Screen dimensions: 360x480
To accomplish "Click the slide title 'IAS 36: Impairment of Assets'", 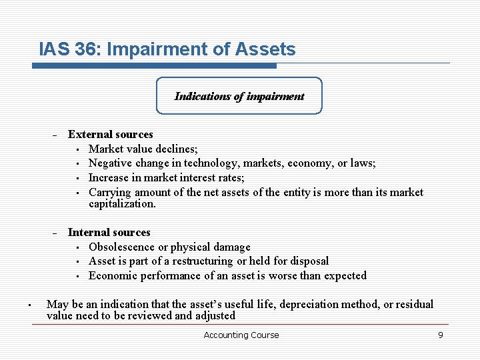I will coord(167,49).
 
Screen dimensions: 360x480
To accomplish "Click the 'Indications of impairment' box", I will coord(239,96).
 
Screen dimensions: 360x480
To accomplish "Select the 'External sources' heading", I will coord(110,134).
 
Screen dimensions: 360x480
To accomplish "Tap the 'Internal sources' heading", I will coord(109,232).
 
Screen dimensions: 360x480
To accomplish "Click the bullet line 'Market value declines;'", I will coord(143,149).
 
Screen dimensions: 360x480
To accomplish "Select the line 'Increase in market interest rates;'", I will coord(166,177).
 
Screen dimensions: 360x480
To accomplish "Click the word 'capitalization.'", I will coord(122,204).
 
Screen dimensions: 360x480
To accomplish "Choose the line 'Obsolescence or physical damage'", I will coord(169,247).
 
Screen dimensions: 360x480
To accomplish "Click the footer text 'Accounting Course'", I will coord(241,335).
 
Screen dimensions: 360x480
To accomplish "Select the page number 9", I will coord(440,335).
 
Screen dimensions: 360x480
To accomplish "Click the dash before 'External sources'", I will coord(55,135).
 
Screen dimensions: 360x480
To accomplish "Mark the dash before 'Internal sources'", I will coord(55,233).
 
